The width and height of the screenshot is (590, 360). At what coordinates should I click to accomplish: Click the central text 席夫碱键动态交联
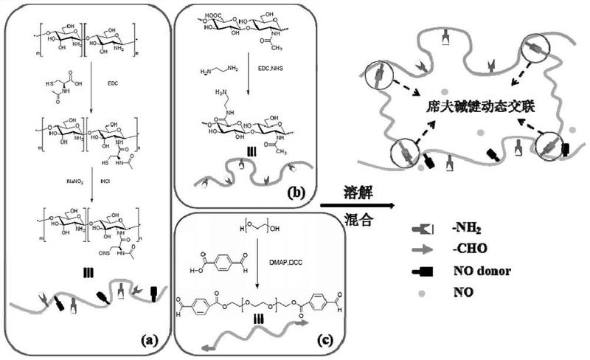(465, 106)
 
